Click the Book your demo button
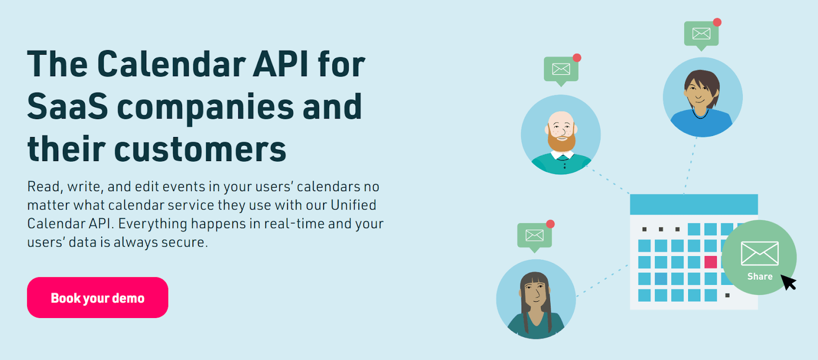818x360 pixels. click(97, 298)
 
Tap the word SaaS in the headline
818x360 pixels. click(67, 107)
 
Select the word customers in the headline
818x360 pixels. click(200, 149)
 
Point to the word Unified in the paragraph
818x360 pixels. click(353, 205)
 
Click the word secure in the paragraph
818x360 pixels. click(183, 242)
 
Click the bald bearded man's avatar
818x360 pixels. click(560, 134)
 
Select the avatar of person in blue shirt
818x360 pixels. click(702, 97)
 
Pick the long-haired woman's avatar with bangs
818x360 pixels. click(536, 299)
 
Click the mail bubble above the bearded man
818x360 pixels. click(561, 69)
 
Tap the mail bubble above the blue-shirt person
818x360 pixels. click(701, 34)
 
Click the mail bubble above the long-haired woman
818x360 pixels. click(534, 235)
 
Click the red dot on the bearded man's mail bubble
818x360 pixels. click(577, 58)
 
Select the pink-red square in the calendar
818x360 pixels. click(711, 262)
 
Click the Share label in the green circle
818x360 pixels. click(760, 277)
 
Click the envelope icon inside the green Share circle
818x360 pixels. click(760, 253)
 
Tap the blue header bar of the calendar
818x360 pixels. click(693, 205)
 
